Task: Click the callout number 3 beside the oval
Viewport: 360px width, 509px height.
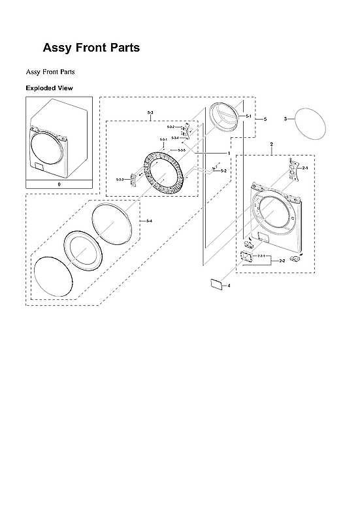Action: tap(286, 118)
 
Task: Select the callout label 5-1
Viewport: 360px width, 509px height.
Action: tap(249, 116)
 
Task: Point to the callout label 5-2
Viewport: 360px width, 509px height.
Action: tap(223, 171)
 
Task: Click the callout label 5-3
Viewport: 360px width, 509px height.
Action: tap(150, 114)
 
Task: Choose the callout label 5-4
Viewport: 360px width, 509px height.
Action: tap(150, 221)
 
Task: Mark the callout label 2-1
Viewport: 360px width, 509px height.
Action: tap(304, 168)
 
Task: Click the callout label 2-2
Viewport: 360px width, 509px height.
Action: tap(282, 261)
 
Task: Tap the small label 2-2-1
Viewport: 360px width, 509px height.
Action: tap(261, 255)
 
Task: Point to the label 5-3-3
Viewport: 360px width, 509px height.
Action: tap(120, 179)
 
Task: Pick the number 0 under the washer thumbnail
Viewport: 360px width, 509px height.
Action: tap(59, 185)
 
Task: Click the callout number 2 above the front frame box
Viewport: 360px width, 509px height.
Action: tap(271, 143)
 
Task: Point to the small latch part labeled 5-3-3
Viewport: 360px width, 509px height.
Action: tap(134, 179)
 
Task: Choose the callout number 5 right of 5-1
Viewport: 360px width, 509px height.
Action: tap(265, 119)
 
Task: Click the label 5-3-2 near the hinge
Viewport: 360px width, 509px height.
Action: tap(171, 127)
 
